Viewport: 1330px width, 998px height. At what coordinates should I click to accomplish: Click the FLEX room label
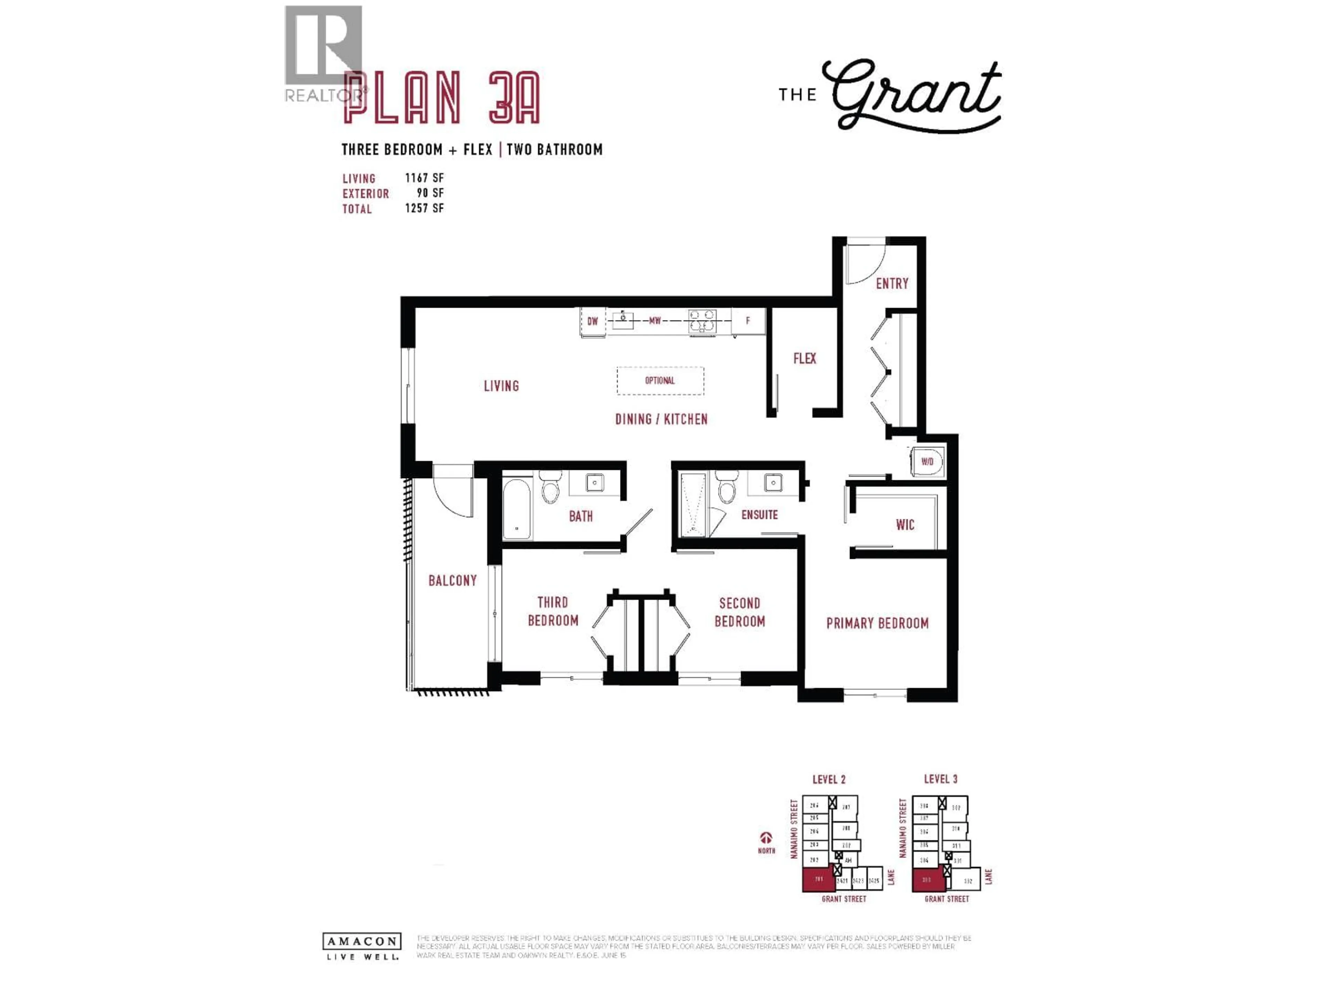click(x=805, y=359)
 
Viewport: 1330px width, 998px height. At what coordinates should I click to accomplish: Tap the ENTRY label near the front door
click(x=892, y=283)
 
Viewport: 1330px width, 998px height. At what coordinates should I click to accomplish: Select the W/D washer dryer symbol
click(x=927, y=462)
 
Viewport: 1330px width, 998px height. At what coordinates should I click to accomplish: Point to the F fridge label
click(x=748, y=321)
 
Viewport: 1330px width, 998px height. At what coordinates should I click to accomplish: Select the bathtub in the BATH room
click(x=516, y=508)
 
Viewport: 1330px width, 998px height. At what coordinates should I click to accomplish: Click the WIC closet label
click(x=905, y=525)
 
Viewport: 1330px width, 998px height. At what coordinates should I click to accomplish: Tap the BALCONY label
click(x=452, y=580)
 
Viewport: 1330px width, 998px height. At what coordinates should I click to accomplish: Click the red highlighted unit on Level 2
click(x=818, y=879)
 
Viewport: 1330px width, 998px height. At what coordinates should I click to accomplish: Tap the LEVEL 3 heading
click(x=940, y=779)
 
